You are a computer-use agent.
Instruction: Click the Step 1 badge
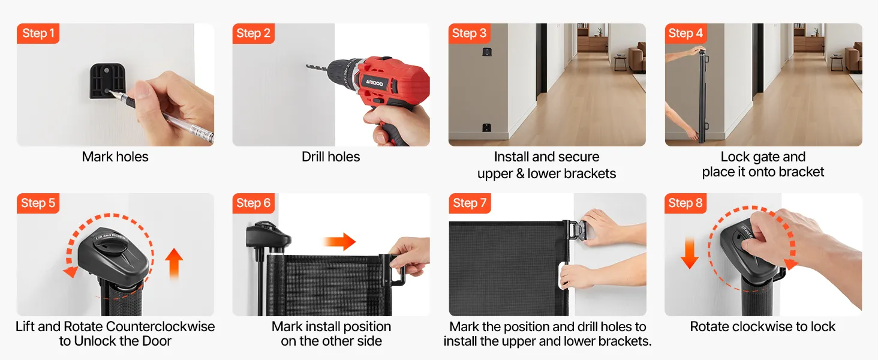point(38,34)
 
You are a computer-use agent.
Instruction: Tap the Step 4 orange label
point(685,34)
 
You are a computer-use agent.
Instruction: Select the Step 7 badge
point(470,203)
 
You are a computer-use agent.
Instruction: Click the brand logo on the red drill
point(375,83)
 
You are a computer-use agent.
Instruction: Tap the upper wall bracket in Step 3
point(486,52)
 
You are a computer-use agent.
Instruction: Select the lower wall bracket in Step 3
point(486,127)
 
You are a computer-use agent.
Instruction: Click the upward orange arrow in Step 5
point(174,263)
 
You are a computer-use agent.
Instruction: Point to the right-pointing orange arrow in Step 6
point(339,241)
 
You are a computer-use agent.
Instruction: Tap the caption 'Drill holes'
point(331,157)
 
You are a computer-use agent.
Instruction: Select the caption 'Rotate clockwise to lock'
point(763,326)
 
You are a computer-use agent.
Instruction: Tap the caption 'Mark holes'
point(115,157)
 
